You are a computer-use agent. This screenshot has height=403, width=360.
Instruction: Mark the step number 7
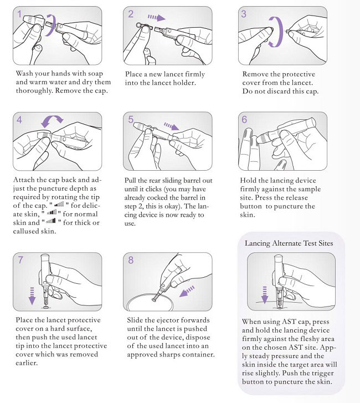point(20,259)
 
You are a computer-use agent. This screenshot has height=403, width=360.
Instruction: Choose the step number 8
point(132,259)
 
